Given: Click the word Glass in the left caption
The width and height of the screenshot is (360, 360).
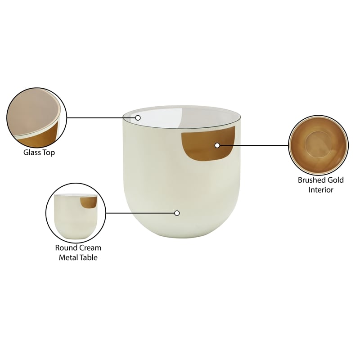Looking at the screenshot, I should (32, 153).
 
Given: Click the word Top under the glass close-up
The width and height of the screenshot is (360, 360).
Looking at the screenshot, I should (48, 153).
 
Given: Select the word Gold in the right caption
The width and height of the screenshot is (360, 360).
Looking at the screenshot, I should (336, 180).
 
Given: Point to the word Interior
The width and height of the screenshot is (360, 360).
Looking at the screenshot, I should (320, 189).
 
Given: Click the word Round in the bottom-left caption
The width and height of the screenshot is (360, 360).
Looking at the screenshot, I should (66, 247).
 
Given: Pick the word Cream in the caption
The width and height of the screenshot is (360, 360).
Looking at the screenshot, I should (90, 247).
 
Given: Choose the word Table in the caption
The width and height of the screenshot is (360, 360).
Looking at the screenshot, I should (89, 257).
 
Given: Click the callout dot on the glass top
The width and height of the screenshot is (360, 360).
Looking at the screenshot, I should (138, 118).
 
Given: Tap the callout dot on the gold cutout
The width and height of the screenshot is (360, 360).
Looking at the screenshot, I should (217, 145).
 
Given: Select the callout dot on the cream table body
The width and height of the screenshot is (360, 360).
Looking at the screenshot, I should (177, 213).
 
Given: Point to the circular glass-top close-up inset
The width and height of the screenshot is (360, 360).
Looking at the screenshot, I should (36, 117).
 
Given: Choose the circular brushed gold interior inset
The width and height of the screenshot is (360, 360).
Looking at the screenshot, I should (318, 145).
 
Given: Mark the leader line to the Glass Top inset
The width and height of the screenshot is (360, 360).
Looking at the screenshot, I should (101, 118).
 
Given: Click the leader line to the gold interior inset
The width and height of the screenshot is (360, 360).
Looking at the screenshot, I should (254, 145).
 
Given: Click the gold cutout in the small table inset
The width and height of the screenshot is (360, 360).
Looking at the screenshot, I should (89, 202).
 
